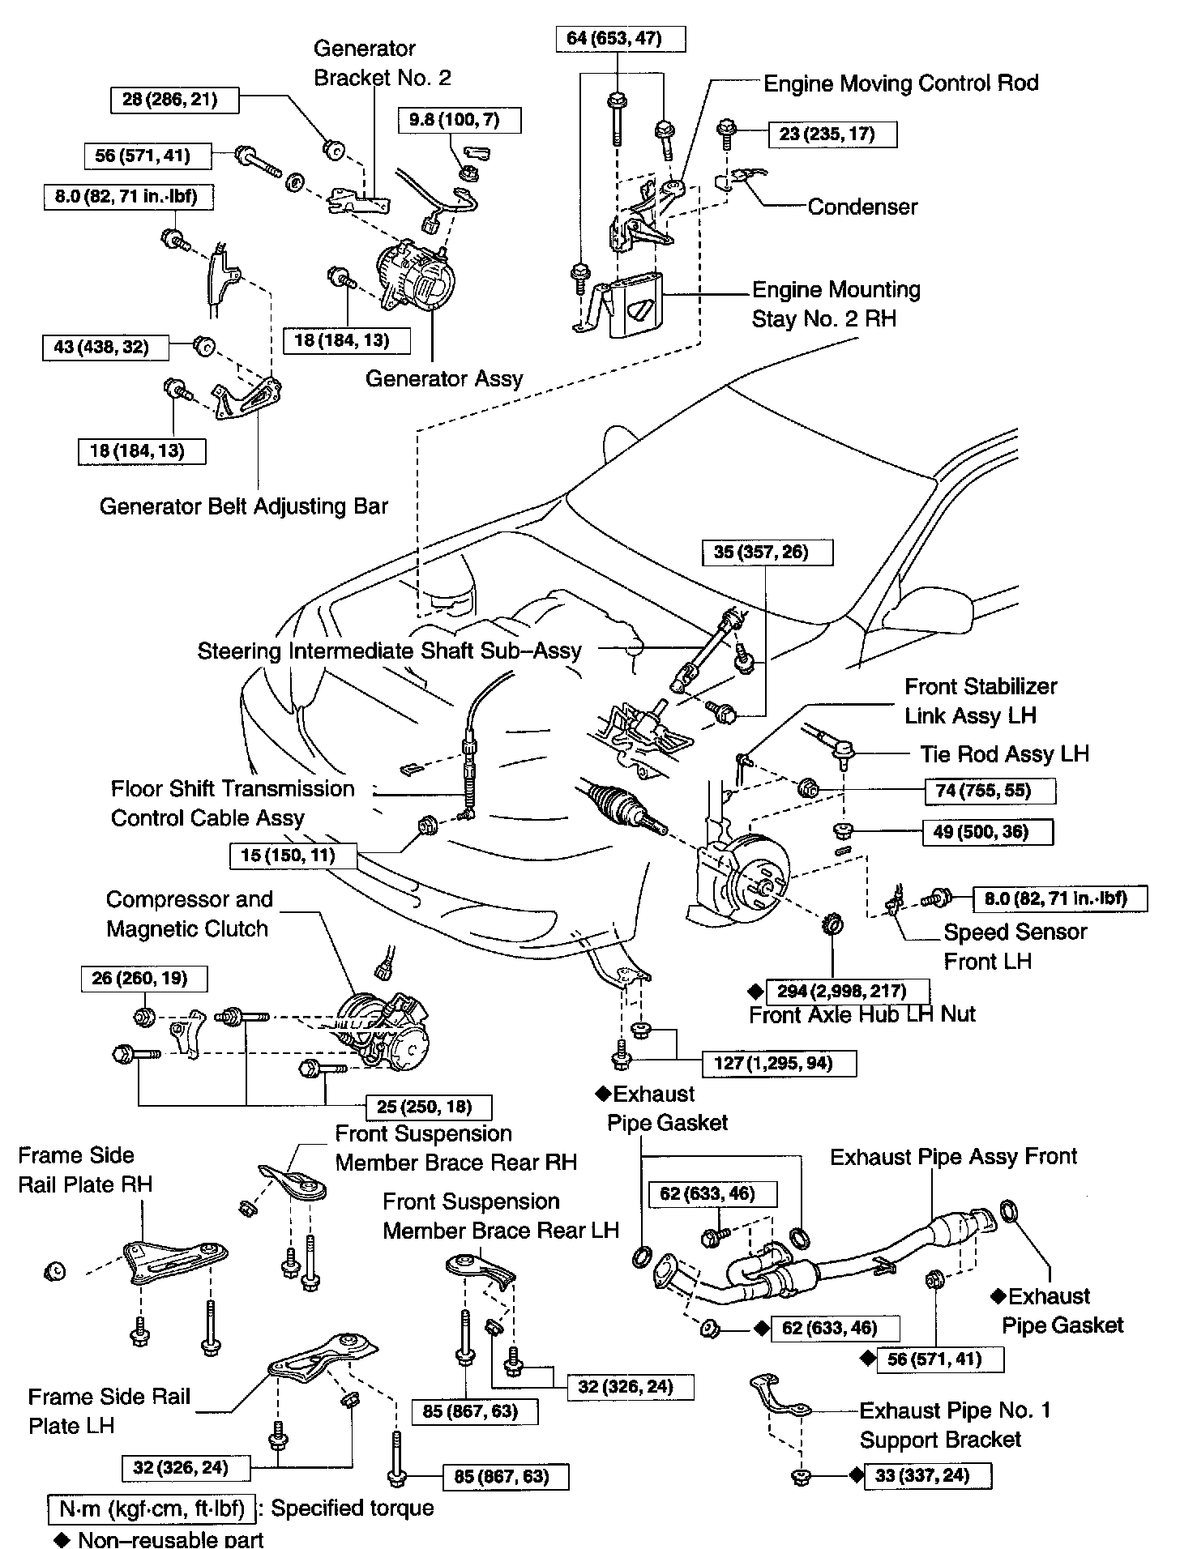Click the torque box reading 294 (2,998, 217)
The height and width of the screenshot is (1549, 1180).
click(847, 991)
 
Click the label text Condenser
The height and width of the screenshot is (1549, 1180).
click(862, 207)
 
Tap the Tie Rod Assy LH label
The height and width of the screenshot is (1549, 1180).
click(1004, 754)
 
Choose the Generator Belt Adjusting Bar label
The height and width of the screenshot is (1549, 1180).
click(244, 506)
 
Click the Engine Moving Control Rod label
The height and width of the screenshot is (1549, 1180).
click(900, 83)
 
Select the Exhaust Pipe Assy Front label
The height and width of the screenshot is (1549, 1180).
click(953, 1156)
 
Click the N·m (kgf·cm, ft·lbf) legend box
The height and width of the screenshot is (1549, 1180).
click(152, 1508)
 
